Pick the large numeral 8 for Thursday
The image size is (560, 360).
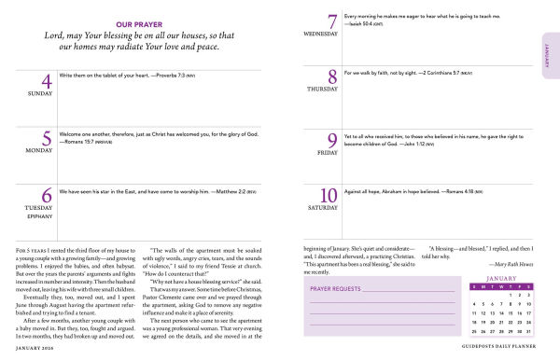pyautogui.click(x=331, y=77)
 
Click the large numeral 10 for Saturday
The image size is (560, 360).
pyautogui.click(x=328, y=197)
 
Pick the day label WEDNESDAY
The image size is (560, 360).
pyautogui.click(x=319, y=35)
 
